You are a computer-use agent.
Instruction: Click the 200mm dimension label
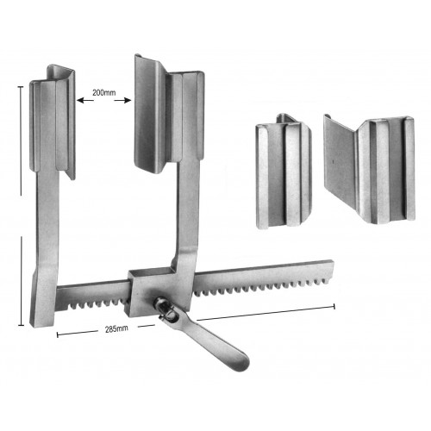pyautogui.click(x=103, y=93)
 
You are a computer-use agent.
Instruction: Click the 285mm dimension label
pyautogui.click(x=116, y=329)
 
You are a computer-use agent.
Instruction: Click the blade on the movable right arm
pyautogui.click(x=170, y=115)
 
